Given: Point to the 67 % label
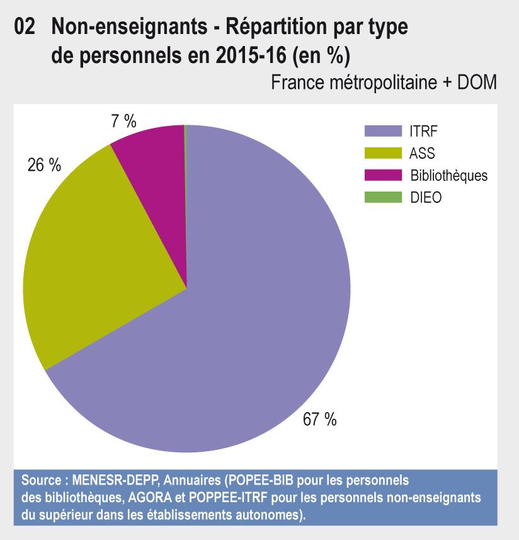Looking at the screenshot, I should click(319, 420).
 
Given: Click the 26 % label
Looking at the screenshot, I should click(44, 165).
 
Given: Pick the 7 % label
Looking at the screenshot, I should click(123, 121).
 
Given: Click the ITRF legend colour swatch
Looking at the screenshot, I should click(383, 131).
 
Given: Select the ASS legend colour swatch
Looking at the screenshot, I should click(383, 153).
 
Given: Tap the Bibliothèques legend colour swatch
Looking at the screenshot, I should click(383, 175).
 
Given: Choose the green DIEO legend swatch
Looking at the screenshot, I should click(383, 197).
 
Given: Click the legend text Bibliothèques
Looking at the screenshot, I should click(448, 175).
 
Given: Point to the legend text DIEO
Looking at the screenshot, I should click(426, 197).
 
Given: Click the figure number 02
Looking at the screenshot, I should click(24, 27).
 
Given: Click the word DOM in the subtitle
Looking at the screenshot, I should click(477, 83).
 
